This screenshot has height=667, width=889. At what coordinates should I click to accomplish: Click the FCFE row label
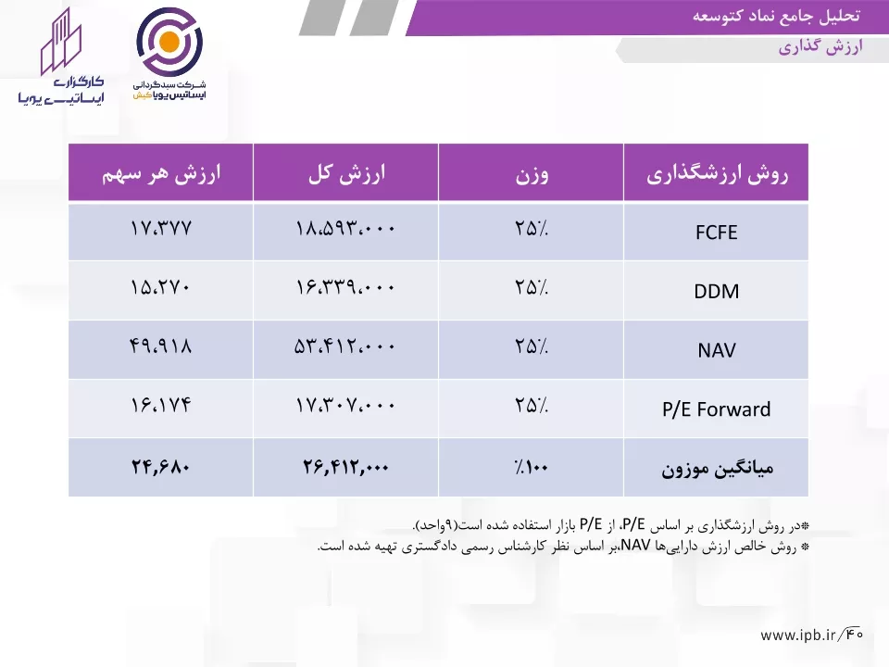click(716, 233)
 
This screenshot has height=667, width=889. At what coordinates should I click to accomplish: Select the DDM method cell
click(716, 292)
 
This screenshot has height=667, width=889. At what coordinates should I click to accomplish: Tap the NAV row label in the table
click(716, 350)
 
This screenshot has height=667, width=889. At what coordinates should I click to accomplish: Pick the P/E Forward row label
click(716, 409)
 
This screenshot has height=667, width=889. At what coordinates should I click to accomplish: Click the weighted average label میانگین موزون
click(717, 469)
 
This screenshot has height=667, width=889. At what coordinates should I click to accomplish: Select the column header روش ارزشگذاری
click(717, 173)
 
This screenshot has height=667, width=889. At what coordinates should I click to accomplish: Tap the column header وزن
click(532, 174)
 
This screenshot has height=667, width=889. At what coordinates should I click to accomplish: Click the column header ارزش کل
click(346, 173)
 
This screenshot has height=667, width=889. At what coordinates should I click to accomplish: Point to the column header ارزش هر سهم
click(161, 173)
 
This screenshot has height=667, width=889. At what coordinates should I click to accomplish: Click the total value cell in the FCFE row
click(345, 229)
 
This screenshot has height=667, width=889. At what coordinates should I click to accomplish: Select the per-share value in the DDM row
click(160, 287)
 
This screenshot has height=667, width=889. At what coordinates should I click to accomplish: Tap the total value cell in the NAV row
click(344, 346)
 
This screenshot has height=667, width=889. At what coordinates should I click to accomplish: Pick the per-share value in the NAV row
click(160, 346)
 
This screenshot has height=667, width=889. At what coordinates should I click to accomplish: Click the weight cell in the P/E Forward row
click(532, 405)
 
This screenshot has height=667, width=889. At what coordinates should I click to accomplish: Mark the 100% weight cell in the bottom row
click(532, 467)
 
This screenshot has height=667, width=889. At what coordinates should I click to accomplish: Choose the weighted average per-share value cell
click(160, 467)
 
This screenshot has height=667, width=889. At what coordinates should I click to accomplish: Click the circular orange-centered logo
click(169, 42)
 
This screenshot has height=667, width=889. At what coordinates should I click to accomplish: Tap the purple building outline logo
click(61, 42)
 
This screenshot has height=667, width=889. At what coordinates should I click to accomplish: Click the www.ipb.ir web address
click(798, 635)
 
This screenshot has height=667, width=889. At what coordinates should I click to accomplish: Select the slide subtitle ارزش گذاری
click(820, 47)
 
